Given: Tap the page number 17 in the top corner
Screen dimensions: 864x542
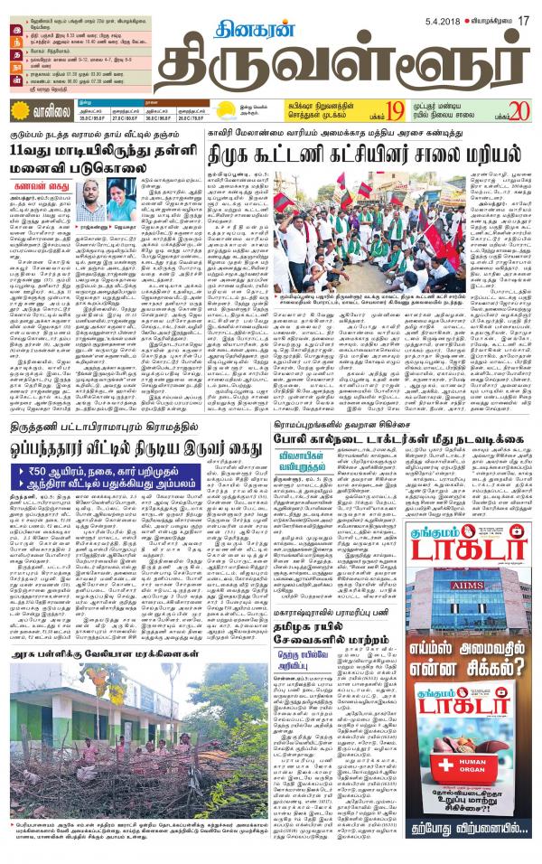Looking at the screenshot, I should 521,8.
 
